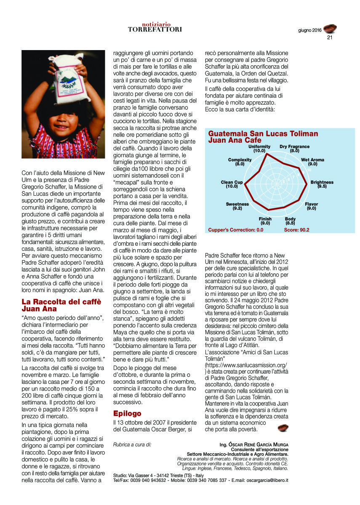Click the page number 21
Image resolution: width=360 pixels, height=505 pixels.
[x=330, y=37]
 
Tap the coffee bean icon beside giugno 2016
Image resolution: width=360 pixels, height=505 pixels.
[x=330, y=29]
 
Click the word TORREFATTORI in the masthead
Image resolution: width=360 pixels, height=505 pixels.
[x=155, y=29]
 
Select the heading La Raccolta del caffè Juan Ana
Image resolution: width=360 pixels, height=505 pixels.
[x=61, y=305]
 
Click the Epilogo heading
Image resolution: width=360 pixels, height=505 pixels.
[x=128, y=413]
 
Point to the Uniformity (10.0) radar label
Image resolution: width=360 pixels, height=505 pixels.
[x=259, y=149]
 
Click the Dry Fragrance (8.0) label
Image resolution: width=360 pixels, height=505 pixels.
[x=294, y=149]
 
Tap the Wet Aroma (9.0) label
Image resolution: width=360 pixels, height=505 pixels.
[x=312, y=162]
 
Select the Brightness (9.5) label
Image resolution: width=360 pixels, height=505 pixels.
[x=322, y=184]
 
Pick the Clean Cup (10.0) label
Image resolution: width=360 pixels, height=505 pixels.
[x=232, y=184]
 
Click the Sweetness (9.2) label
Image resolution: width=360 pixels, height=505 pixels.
[x=237, y=206]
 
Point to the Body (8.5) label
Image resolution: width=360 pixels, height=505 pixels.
[x=290, y=221]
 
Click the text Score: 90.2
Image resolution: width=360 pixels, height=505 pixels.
[x=296, y=230]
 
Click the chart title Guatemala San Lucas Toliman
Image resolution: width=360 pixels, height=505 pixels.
[x=263, y=134]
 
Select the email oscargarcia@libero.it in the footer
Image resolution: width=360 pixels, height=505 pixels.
[x=267, y=480]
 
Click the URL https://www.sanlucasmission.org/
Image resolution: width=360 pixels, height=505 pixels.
[x=246, y=365]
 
